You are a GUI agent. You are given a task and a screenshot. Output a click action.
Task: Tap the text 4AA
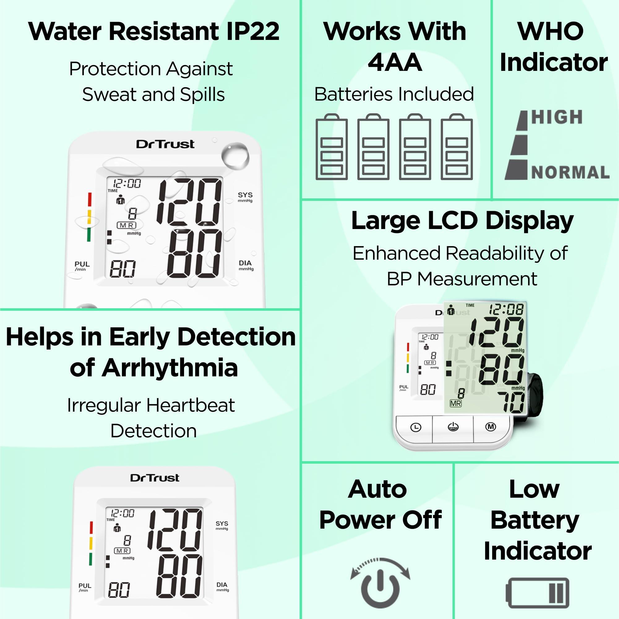[x=394, y=62]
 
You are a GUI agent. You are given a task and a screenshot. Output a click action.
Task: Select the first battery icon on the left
[x=332, y=147]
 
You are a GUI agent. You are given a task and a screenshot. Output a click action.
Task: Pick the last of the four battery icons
[x=457, y=147]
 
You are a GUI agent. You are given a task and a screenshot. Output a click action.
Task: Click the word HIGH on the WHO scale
[x=557, y=117]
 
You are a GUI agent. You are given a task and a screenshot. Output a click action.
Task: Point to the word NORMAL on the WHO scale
[x=570, y=172]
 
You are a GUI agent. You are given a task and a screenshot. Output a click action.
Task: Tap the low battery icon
[x=538, y=593]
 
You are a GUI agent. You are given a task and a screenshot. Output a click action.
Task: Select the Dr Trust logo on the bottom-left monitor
[x=155, y=478]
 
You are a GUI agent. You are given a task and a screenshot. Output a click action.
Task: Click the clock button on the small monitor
[x=415, y=427]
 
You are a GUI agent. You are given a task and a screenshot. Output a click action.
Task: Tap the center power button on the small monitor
[x=453, y=427]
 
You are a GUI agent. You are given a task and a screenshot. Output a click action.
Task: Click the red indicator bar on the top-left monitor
[x=90, y=199]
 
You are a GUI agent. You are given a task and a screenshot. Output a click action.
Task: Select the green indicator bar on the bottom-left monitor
[x=90, y=559]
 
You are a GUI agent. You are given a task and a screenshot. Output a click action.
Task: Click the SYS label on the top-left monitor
[x=245, y=195]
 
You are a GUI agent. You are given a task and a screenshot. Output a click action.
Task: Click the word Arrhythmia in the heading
[x=170, y=367]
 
